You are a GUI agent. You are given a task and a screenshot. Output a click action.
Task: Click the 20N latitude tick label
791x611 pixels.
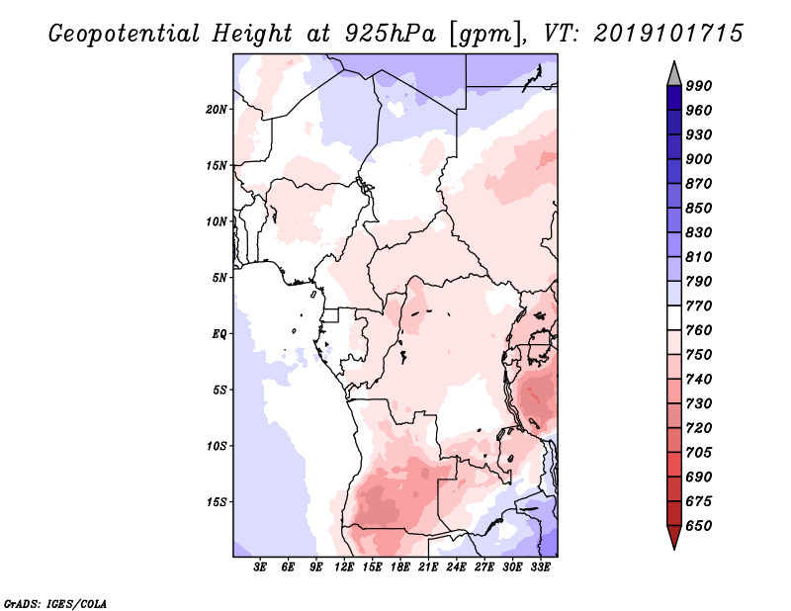point(217,109)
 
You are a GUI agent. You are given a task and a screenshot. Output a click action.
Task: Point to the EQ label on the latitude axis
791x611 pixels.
point(220,333)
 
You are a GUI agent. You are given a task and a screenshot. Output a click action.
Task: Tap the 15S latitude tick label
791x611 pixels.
point(217,501)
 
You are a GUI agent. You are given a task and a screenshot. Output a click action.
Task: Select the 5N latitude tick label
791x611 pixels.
point(220,277)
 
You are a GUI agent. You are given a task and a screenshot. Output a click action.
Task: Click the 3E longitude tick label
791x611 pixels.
point(260,567)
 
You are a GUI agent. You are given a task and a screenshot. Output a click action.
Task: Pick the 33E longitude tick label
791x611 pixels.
point(540,567)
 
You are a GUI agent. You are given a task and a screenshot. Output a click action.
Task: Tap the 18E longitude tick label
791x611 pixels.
point(400,567)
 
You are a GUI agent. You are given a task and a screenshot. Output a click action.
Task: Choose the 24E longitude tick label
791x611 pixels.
point(456,567)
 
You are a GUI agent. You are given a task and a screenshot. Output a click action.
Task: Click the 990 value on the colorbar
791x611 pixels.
point(699,86)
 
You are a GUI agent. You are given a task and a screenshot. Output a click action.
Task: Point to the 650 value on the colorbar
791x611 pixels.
point(699,526)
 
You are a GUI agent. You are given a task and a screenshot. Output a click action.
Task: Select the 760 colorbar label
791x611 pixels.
point(699,330)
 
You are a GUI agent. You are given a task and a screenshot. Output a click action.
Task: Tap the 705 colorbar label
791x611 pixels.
point(699,453)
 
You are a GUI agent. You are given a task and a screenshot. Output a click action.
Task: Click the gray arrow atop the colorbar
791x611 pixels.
point(673,73)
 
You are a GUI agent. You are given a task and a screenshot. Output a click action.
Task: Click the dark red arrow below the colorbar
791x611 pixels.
point(673,538)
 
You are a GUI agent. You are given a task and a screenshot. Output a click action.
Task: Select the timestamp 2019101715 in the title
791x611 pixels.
point(669,33)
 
